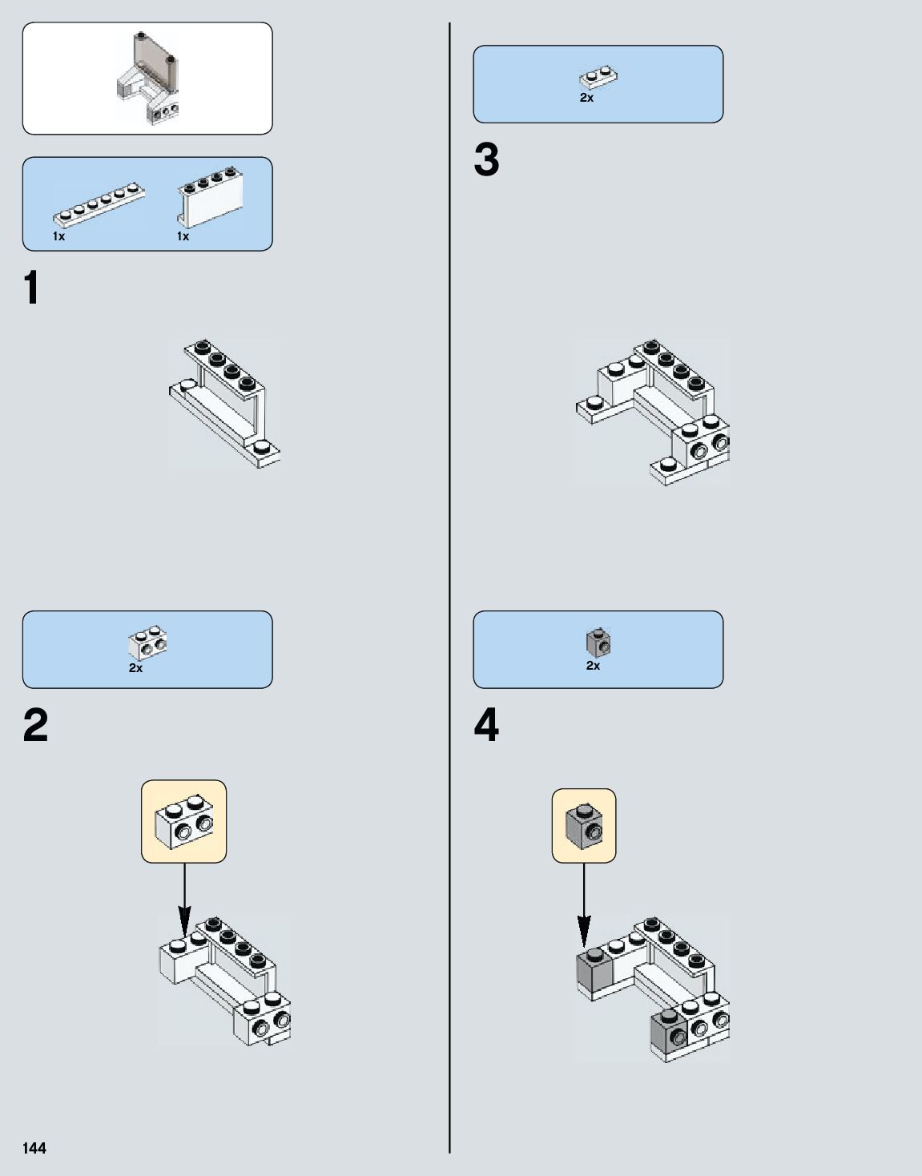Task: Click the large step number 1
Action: [32, 288]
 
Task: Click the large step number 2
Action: [36, 726]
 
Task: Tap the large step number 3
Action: [486, 160]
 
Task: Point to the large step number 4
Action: [486, 726]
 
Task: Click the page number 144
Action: [34, 1148]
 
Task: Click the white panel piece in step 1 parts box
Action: [210, 198]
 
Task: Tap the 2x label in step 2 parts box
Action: [135, 668]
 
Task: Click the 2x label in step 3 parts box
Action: [586, 98]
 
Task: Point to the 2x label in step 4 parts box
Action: [593, 666]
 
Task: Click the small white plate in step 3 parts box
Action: [598, 78]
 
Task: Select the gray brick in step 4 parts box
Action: [598, 642]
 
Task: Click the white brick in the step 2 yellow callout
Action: [185, 821]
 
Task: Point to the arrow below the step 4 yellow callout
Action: [584, 905]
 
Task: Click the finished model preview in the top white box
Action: [149, 78]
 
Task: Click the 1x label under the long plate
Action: [58, 236]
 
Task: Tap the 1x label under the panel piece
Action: [183, 236]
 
